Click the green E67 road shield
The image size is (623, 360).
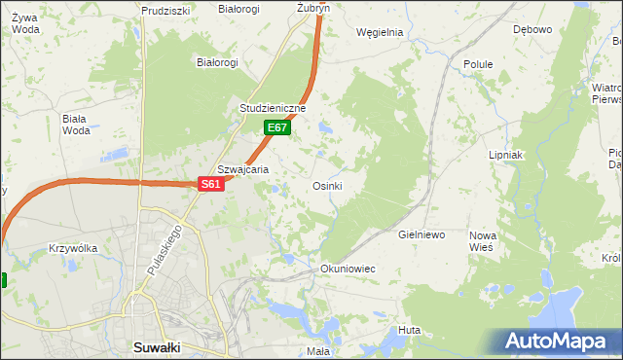point(277,127)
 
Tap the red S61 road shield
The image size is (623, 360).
point(212,183)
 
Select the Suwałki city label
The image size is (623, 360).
point(158,347)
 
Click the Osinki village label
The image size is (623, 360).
point(326,186)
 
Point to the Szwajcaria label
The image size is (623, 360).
point(242,168)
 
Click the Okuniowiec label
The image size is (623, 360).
point(348,268)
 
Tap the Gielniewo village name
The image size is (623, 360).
point(421,235)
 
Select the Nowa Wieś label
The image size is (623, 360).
point(483,241)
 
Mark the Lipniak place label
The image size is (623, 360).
point(506,155)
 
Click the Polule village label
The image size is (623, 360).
point(478,64)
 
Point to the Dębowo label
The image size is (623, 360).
point(532,29)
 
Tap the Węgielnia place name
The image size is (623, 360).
point(380,31)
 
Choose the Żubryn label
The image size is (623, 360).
point(313,8)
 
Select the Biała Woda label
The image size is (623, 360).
point(75,125)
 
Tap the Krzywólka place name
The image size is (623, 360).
point(73,248)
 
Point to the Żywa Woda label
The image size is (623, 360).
point(26,22)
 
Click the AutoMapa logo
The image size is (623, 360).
point(559,341)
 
